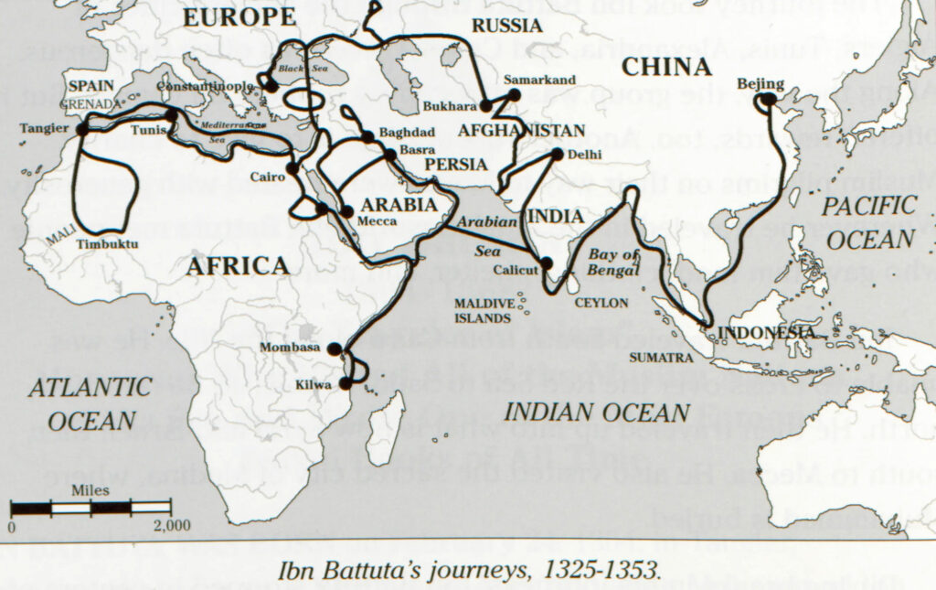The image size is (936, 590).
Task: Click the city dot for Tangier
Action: click(x=82, y=129)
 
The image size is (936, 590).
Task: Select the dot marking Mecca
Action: click(x=346, y=211)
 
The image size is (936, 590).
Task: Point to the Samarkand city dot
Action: click(x=514, y=94)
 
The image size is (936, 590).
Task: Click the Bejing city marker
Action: click(x=767, y=99)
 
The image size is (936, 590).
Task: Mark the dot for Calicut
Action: click(x=546, y=263)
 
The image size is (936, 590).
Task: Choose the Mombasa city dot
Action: click(x=335, y=349)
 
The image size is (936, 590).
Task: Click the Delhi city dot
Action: click(x=557, y=154)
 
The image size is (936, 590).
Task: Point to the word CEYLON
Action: click(x=601, y=302)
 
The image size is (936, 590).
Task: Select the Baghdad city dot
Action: click(x=367, y=137)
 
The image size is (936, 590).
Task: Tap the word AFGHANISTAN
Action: click(x=521, y=129)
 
